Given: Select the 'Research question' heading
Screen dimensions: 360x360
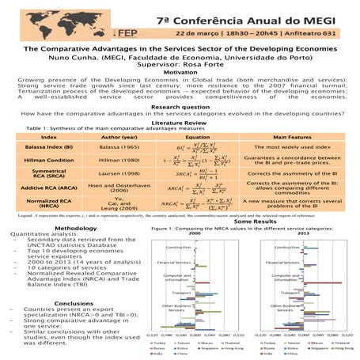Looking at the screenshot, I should click(x=180, y=106).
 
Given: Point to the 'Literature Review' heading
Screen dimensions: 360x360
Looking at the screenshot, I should click(x=180, y=122).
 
